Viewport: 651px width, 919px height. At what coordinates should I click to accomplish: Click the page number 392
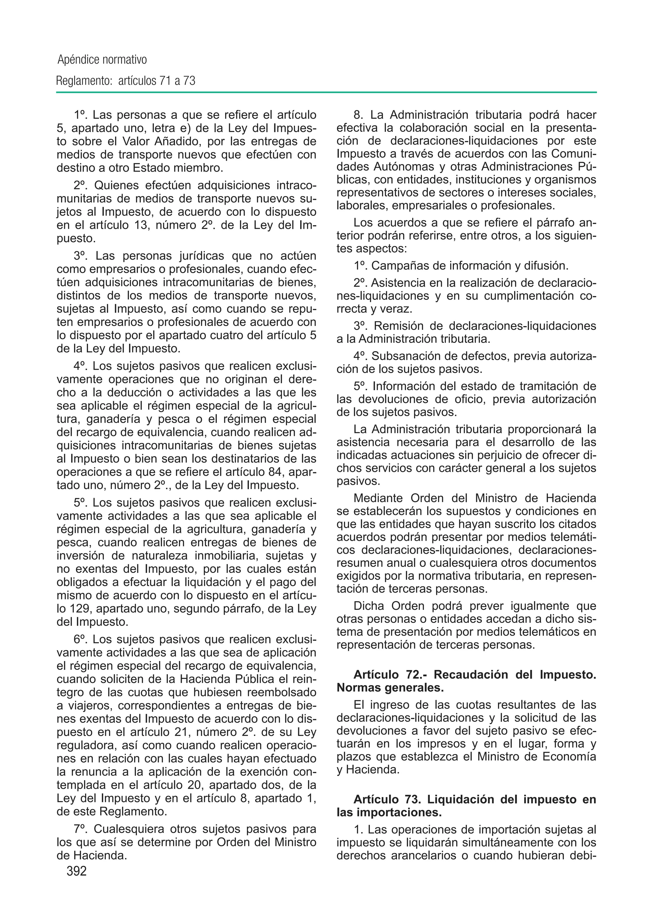[77, 871]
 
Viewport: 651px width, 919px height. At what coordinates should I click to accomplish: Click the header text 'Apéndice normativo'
[102, 60]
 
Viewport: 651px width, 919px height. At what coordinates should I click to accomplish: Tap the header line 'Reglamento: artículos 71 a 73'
[126, 81]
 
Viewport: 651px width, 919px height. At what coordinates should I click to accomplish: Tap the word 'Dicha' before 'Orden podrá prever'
[369, 606]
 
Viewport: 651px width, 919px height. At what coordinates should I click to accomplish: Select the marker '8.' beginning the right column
[358, 115]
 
